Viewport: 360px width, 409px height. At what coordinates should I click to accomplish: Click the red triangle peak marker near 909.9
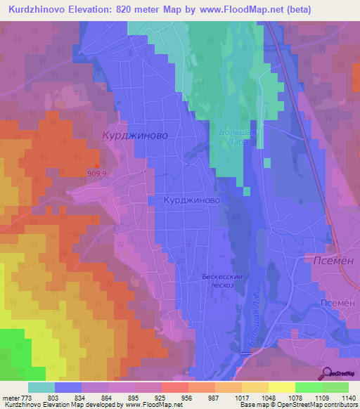tap(97, 166)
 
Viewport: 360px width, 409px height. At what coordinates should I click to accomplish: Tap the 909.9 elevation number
tap(97, 174)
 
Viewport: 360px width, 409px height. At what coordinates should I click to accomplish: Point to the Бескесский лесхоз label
tap(222, 281)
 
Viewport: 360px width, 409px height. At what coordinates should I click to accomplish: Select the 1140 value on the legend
tap(349, 398)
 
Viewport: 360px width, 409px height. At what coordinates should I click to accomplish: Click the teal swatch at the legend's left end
tap(41, 387)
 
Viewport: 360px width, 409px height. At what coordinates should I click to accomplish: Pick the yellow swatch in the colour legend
tap(281, 387)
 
